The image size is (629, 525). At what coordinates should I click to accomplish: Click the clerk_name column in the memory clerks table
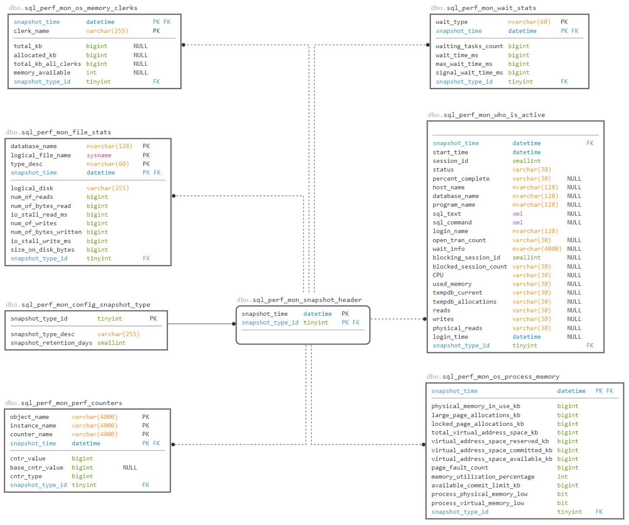31,31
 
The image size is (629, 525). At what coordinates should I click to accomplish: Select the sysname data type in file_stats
99,156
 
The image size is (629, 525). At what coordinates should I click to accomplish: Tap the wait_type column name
451,22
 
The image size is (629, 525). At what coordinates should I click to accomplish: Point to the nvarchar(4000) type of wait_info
537,249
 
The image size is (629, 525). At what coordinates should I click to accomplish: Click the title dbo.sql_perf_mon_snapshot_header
299,300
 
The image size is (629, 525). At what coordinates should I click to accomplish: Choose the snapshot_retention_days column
51,343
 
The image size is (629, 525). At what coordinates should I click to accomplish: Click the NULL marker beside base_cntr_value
130,468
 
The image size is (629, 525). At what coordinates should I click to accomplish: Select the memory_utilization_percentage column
483,477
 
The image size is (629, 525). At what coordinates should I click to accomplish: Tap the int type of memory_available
91,73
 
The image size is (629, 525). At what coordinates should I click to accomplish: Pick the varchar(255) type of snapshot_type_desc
118,334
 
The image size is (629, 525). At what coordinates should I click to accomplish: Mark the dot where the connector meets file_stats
174,196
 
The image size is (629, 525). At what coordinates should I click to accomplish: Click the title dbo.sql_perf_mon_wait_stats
483,8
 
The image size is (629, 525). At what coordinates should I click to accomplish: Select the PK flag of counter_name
146,434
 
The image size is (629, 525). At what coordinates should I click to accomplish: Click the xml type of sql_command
517,223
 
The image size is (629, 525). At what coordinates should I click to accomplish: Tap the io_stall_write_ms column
41,241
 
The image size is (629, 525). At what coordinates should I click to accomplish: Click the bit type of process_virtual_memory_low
562,503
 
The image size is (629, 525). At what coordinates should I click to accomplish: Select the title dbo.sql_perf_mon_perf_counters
64,403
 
